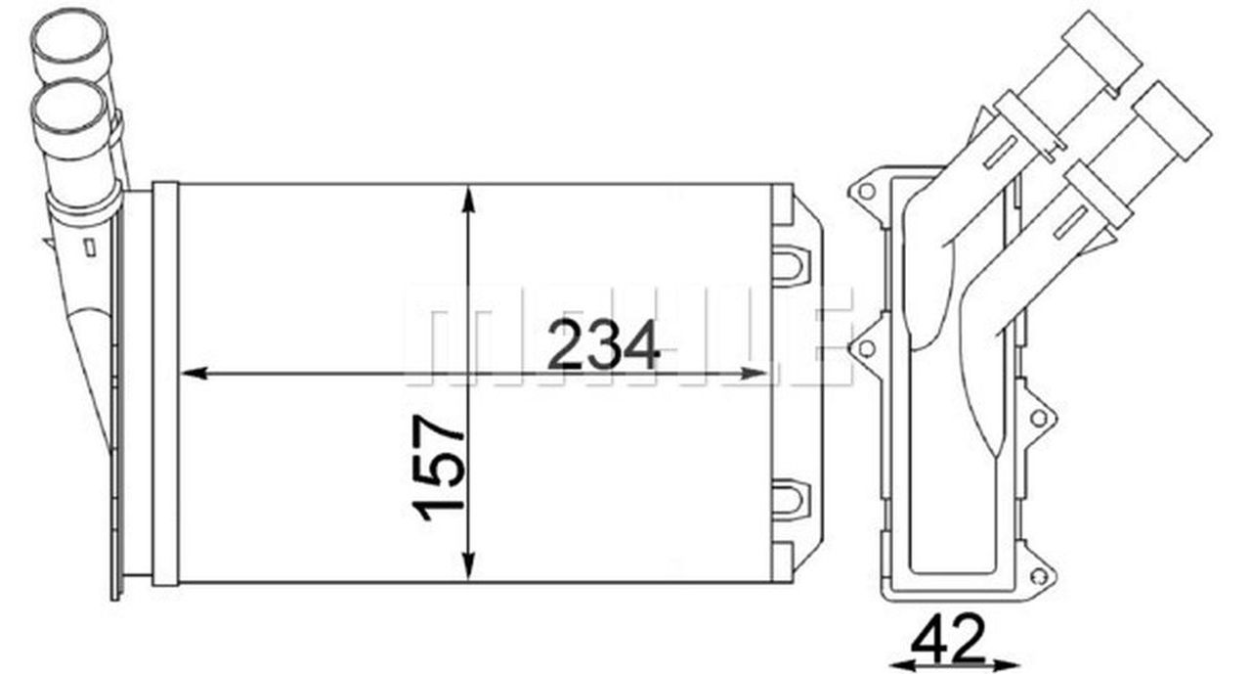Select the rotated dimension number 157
[x=439, y=467]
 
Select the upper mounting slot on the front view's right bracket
[x=789, y=263]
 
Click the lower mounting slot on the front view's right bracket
[x=789, y=498]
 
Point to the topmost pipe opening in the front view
[x=70, y=39]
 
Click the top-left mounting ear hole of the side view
[x=865, y=191]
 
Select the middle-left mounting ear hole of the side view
[x=865, y=348]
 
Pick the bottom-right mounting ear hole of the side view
[x=1037, y=576]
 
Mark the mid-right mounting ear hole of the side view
[x=1038, y=418]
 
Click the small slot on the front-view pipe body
[x=89, y=247]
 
